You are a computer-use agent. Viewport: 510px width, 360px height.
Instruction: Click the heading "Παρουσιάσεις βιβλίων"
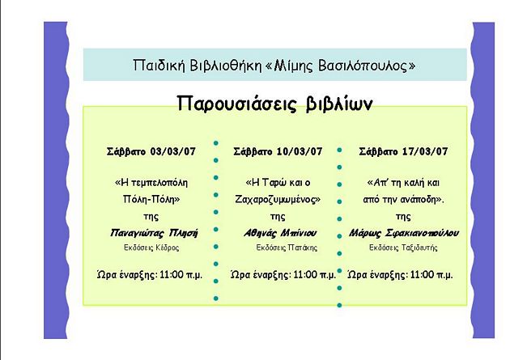275,104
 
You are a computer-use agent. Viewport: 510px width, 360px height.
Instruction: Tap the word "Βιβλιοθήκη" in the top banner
226,66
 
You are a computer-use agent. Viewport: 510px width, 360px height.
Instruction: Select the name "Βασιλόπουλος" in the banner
363,66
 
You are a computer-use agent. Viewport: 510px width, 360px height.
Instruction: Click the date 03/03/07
172,151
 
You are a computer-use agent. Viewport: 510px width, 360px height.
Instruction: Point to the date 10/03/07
300,151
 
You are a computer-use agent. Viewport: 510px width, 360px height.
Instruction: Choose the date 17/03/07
425,151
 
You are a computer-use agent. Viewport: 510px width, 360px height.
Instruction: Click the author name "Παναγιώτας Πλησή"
154,233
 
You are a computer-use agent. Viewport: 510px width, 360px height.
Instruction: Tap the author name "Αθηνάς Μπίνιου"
280,233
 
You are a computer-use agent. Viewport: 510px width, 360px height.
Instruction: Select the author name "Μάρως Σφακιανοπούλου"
404,233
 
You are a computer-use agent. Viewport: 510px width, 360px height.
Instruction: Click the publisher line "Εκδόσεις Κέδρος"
151,248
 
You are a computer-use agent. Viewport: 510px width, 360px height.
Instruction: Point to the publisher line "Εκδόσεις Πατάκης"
287,248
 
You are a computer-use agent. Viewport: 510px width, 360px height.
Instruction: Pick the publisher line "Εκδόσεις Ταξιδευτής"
403,248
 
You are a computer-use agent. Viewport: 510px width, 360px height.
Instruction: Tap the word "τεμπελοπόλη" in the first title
159,183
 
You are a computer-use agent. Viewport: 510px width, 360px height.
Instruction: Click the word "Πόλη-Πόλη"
151,199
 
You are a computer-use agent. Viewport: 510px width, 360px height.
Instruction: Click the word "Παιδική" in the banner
159,66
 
